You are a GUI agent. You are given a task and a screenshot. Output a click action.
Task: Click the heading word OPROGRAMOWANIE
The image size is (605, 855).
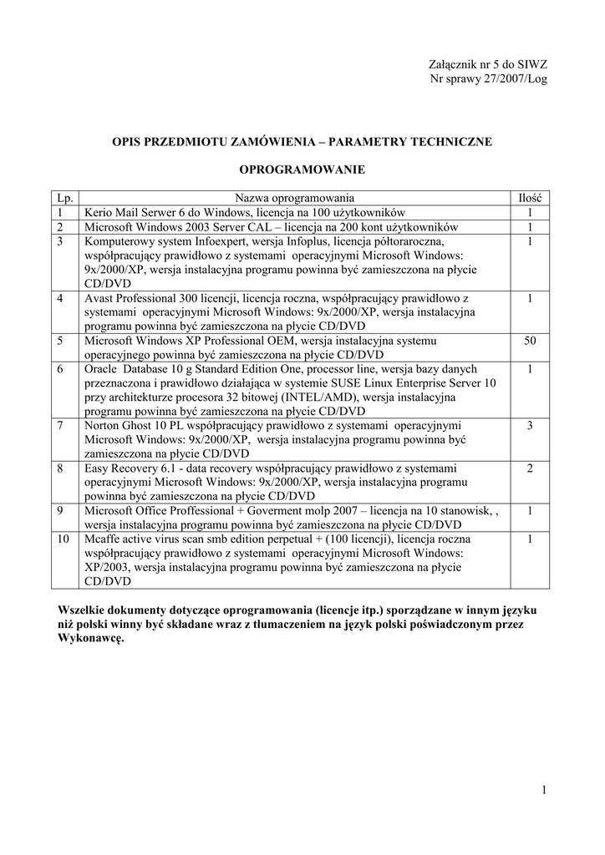coord(302,169)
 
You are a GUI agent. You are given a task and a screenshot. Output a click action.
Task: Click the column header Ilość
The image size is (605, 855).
coord(530,198)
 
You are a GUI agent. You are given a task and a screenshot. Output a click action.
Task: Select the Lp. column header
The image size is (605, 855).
coord(65,198)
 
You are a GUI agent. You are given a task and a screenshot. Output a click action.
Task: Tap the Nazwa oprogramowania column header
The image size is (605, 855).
coord(294,198)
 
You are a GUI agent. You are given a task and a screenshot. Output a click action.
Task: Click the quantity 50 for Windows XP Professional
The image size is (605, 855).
coord(530,341)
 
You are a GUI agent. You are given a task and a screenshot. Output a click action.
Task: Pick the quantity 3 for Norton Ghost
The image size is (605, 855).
coord(530,426)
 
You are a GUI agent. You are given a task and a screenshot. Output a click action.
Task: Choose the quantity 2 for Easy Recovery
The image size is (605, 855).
coord(530,468)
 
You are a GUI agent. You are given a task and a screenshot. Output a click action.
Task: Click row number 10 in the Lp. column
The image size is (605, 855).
coord(64,539)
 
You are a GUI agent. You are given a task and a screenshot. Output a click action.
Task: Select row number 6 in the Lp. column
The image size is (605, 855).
coord(61,369)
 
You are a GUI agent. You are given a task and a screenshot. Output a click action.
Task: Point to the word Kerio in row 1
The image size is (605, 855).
coord(99,213)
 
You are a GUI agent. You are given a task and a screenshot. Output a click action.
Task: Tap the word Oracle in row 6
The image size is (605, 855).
coord(101,369)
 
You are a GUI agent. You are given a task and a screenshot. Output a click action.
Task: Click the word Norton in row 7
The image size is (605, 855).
coord(102,426)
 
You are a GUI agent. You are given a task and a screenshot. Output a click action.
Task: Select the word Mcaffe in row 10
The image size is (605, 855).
coord(103,539)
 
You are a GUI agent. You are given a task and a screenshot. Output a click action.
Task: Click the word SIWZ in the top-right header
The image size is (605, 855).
coord(531,64)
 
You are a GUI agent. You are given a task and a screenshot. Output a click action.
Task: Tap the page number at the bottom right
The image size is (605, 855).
coord(543,791)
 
